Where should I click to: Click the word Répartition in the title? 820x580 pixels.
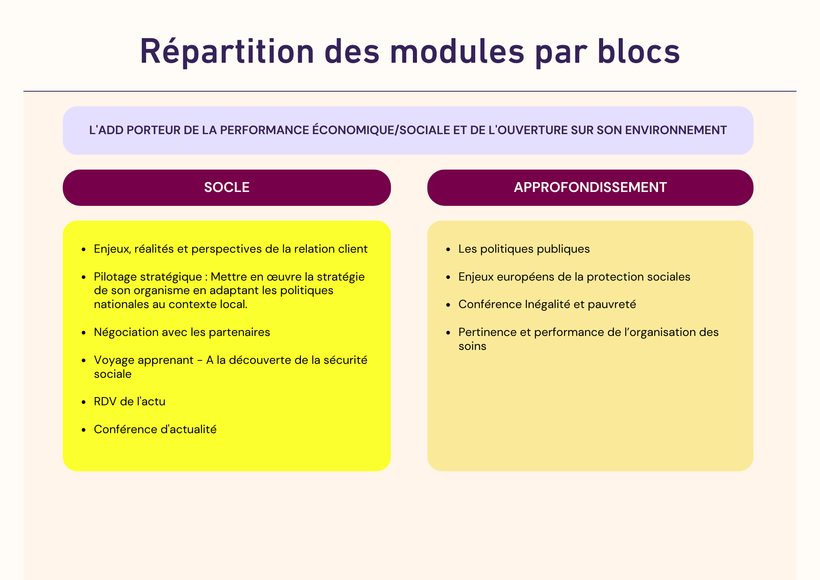[x=227, y=52]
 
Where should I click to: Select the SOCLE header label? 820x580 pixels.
[x=227, y=187]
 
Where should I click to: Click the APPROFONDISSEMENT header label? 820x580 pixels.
[x=590, y=187]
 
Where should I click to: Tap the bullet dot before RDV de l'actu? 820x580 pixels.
[x=84, y=402]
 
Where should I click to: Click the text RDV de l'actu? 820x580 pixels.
[x=130, y=401]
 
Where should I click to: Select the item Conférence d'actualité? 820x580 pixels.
[x=155, y=429]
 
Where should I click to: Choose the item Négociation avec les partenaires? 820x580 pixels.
[x=182, y=332]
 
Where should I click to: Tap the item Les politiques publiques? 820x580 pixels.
[x=524, y=249]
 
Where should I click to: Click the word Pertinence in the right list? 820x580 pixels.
[x=487, y=332]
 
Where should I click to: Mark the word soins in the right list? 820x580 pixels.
[x=472, y=346]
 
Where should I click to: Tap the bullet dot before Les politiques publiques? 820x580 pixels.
[x=449, y=250]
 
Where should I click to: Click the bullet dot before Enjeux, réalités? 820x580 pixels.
[x=84, y=250]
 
